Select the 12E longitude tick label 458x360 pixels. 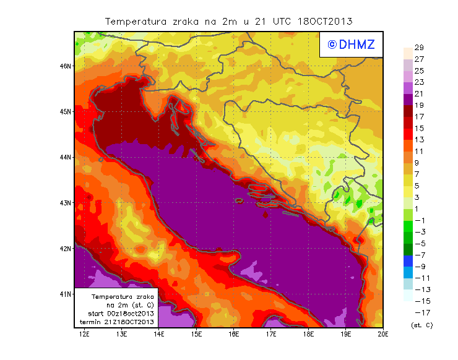click(84, 334)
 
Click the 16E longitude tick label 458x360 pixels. click(233, 334)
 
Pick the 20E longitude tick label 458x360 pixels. click(383, 334)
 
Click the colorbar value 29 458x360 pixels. click(418, 48)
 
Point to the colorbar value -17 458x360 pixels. click(419, 312)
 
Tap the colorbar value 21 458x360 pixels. click(418, 94)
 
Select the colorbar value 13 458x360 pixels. click(418, 140)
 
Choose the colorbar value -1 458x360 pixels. click(419, 221)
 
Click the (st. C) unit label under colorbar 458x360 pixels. click(421, 325)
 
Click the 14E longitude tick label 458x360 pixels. click(159, 334)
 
